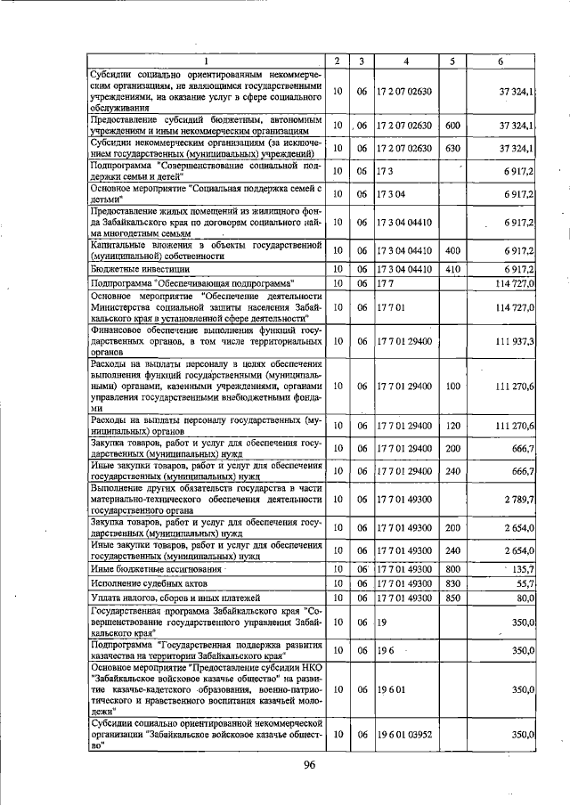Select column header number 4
(406, 60)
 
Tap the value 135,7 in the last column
(519, 569)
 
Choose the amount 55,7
(524, 583)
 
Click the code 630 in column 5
(452, 148)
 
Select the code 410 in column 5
(452, 268)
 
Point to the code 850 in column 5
(452, 598)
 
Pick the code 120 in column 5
(452, 426)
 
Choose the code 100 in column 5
(452, 387)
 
